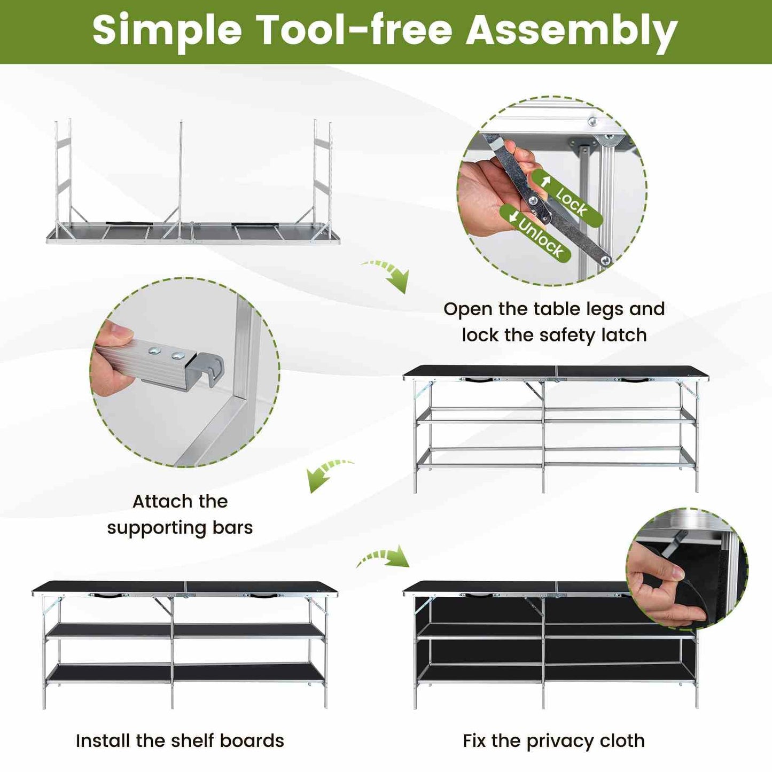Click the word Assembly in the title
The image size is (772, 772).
click(x=571, y=31)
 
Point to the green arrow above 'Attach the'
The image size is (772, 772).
click(x=329, y=474)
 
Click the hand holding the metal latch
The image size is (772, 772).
click(x=493, y=179)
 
